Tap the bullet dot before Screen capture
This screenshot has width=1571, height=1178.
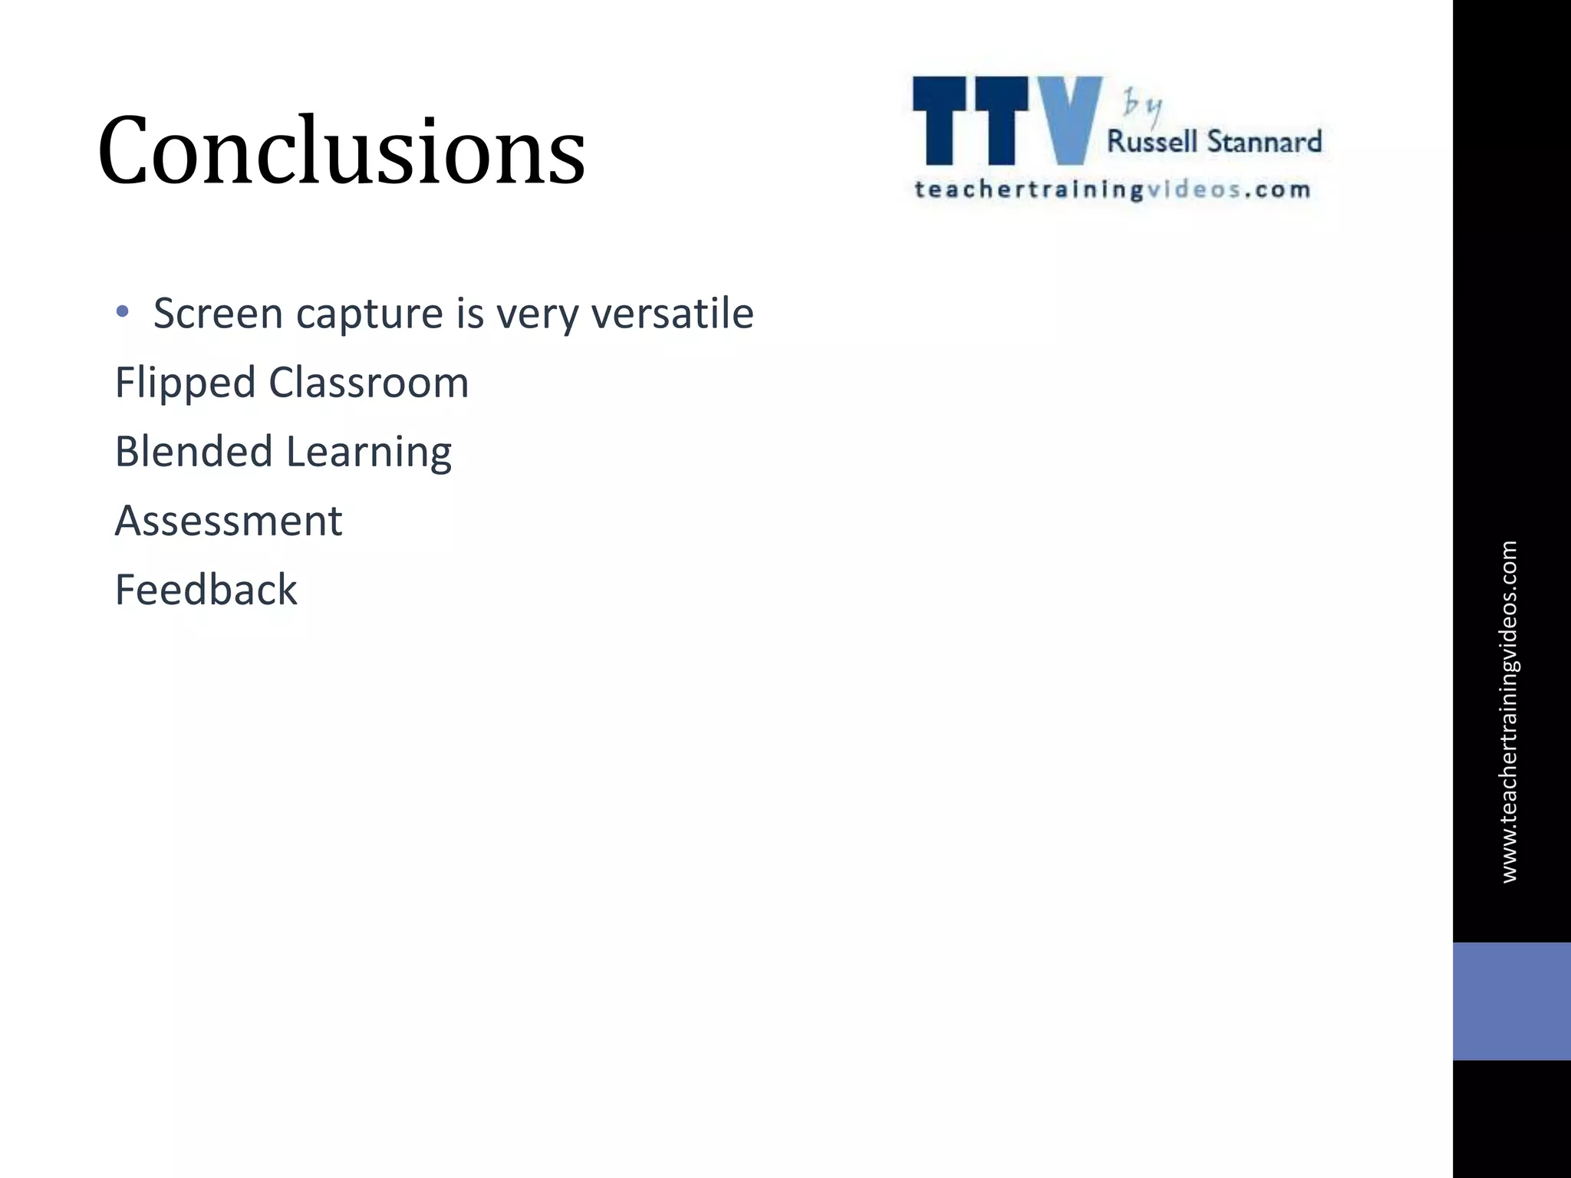point(122,312)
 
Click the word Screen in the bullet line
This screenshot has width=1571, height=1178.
point(218,314)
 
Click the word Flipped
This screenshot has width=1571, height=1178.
point(184,383)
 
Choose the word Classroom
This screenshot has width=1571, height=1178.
point(368,382)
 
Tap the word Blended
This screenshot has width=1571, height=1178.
point(193,451)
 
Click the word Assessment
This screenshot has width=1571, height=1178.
point(228,521)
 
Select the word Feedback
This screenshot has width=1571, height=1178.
point(206,590)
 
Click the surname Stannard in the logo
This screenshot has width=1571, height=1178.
point(1264,142)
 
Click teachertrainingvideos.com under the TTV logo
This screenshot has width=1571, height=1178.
point(1112,189)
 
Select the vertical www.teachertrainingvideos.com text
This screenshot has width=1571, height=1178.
point(1508,712)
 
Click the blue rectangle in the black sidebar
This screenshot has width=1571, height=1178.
point(1511,1001)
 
